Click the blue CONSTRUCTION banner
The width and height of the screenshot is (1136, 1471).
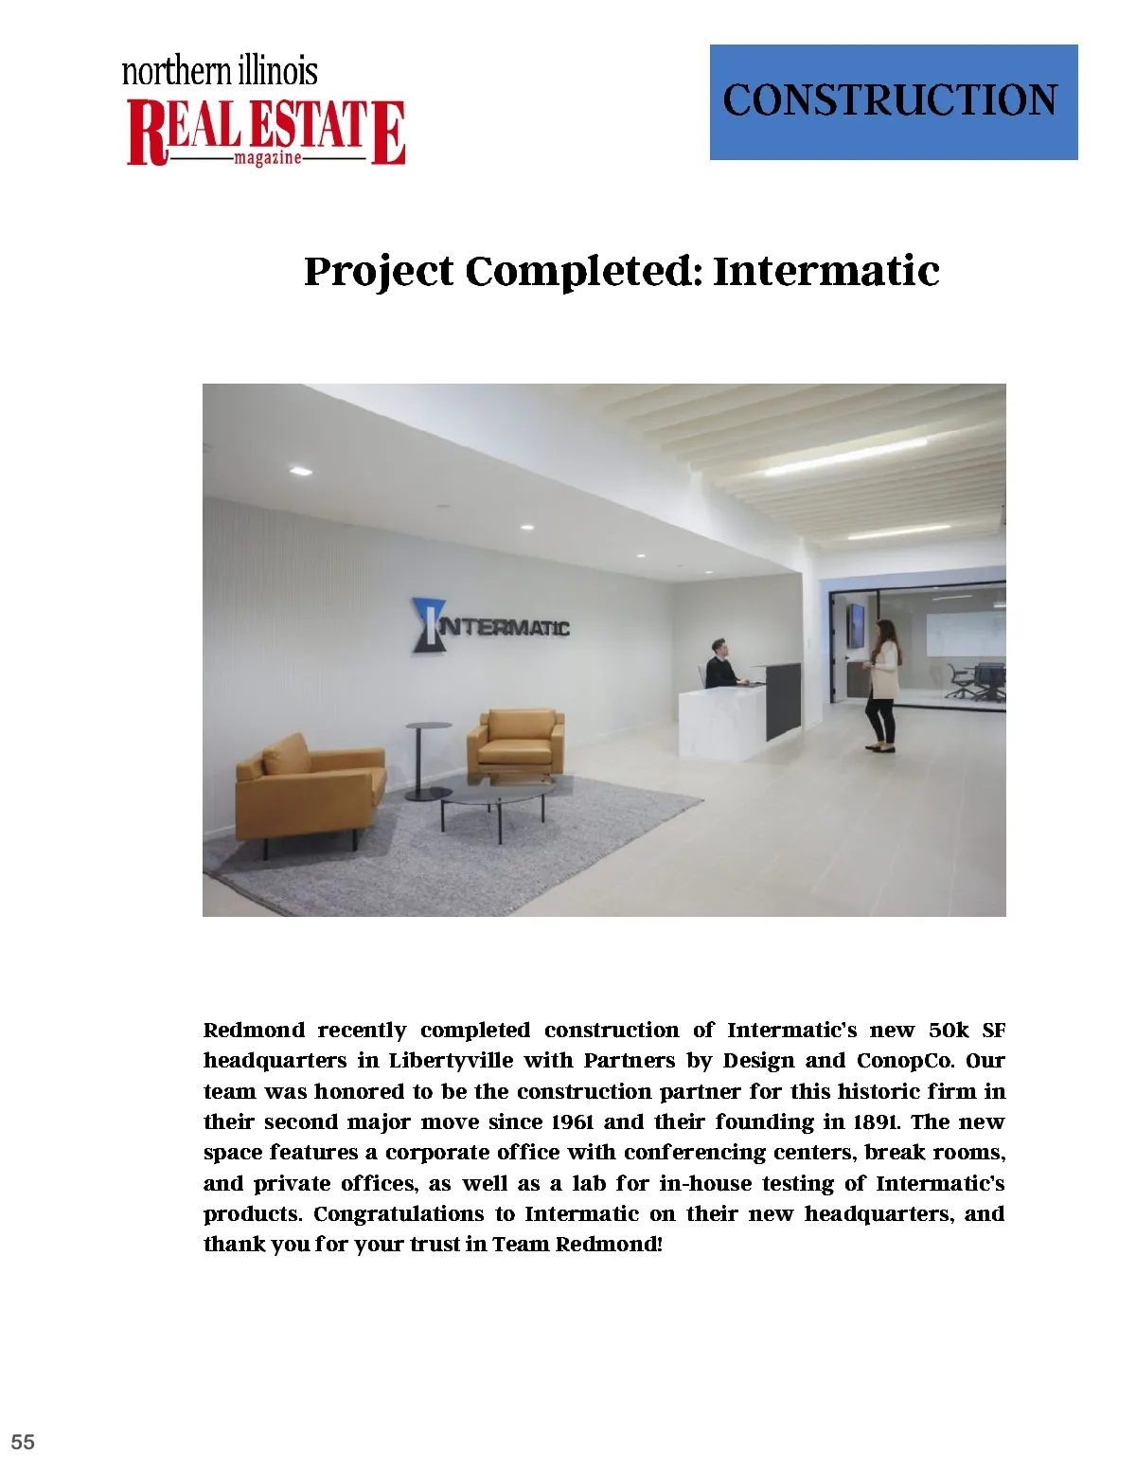(x=893, y=101)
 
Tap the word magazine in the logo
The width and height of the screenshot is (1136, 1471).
(x=268, y=158)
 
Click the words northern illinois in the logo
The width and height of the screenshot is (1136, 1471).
(x=220, y=71)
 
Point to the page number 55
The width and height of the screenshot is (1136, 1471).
(x=23, y=1442)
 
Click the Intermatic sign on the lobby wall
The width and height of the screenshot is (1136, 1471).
(x=490, y=626)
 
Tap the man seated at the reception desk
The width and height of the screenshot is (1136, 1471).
(x=720, y=664)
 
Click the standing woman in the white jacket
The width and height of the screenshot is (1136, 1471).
(x=882, y=685)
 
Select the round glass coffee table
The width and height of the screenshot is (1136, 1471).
(x=495, y=796)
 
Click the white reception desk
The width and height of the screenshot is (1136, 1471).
(x=724, y=717)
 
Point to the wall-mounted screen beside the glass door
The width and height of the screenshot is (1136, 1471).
(x=855, y=625)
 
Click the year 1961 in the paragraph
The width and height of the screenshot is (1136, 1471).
(x=572, y=1122)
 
